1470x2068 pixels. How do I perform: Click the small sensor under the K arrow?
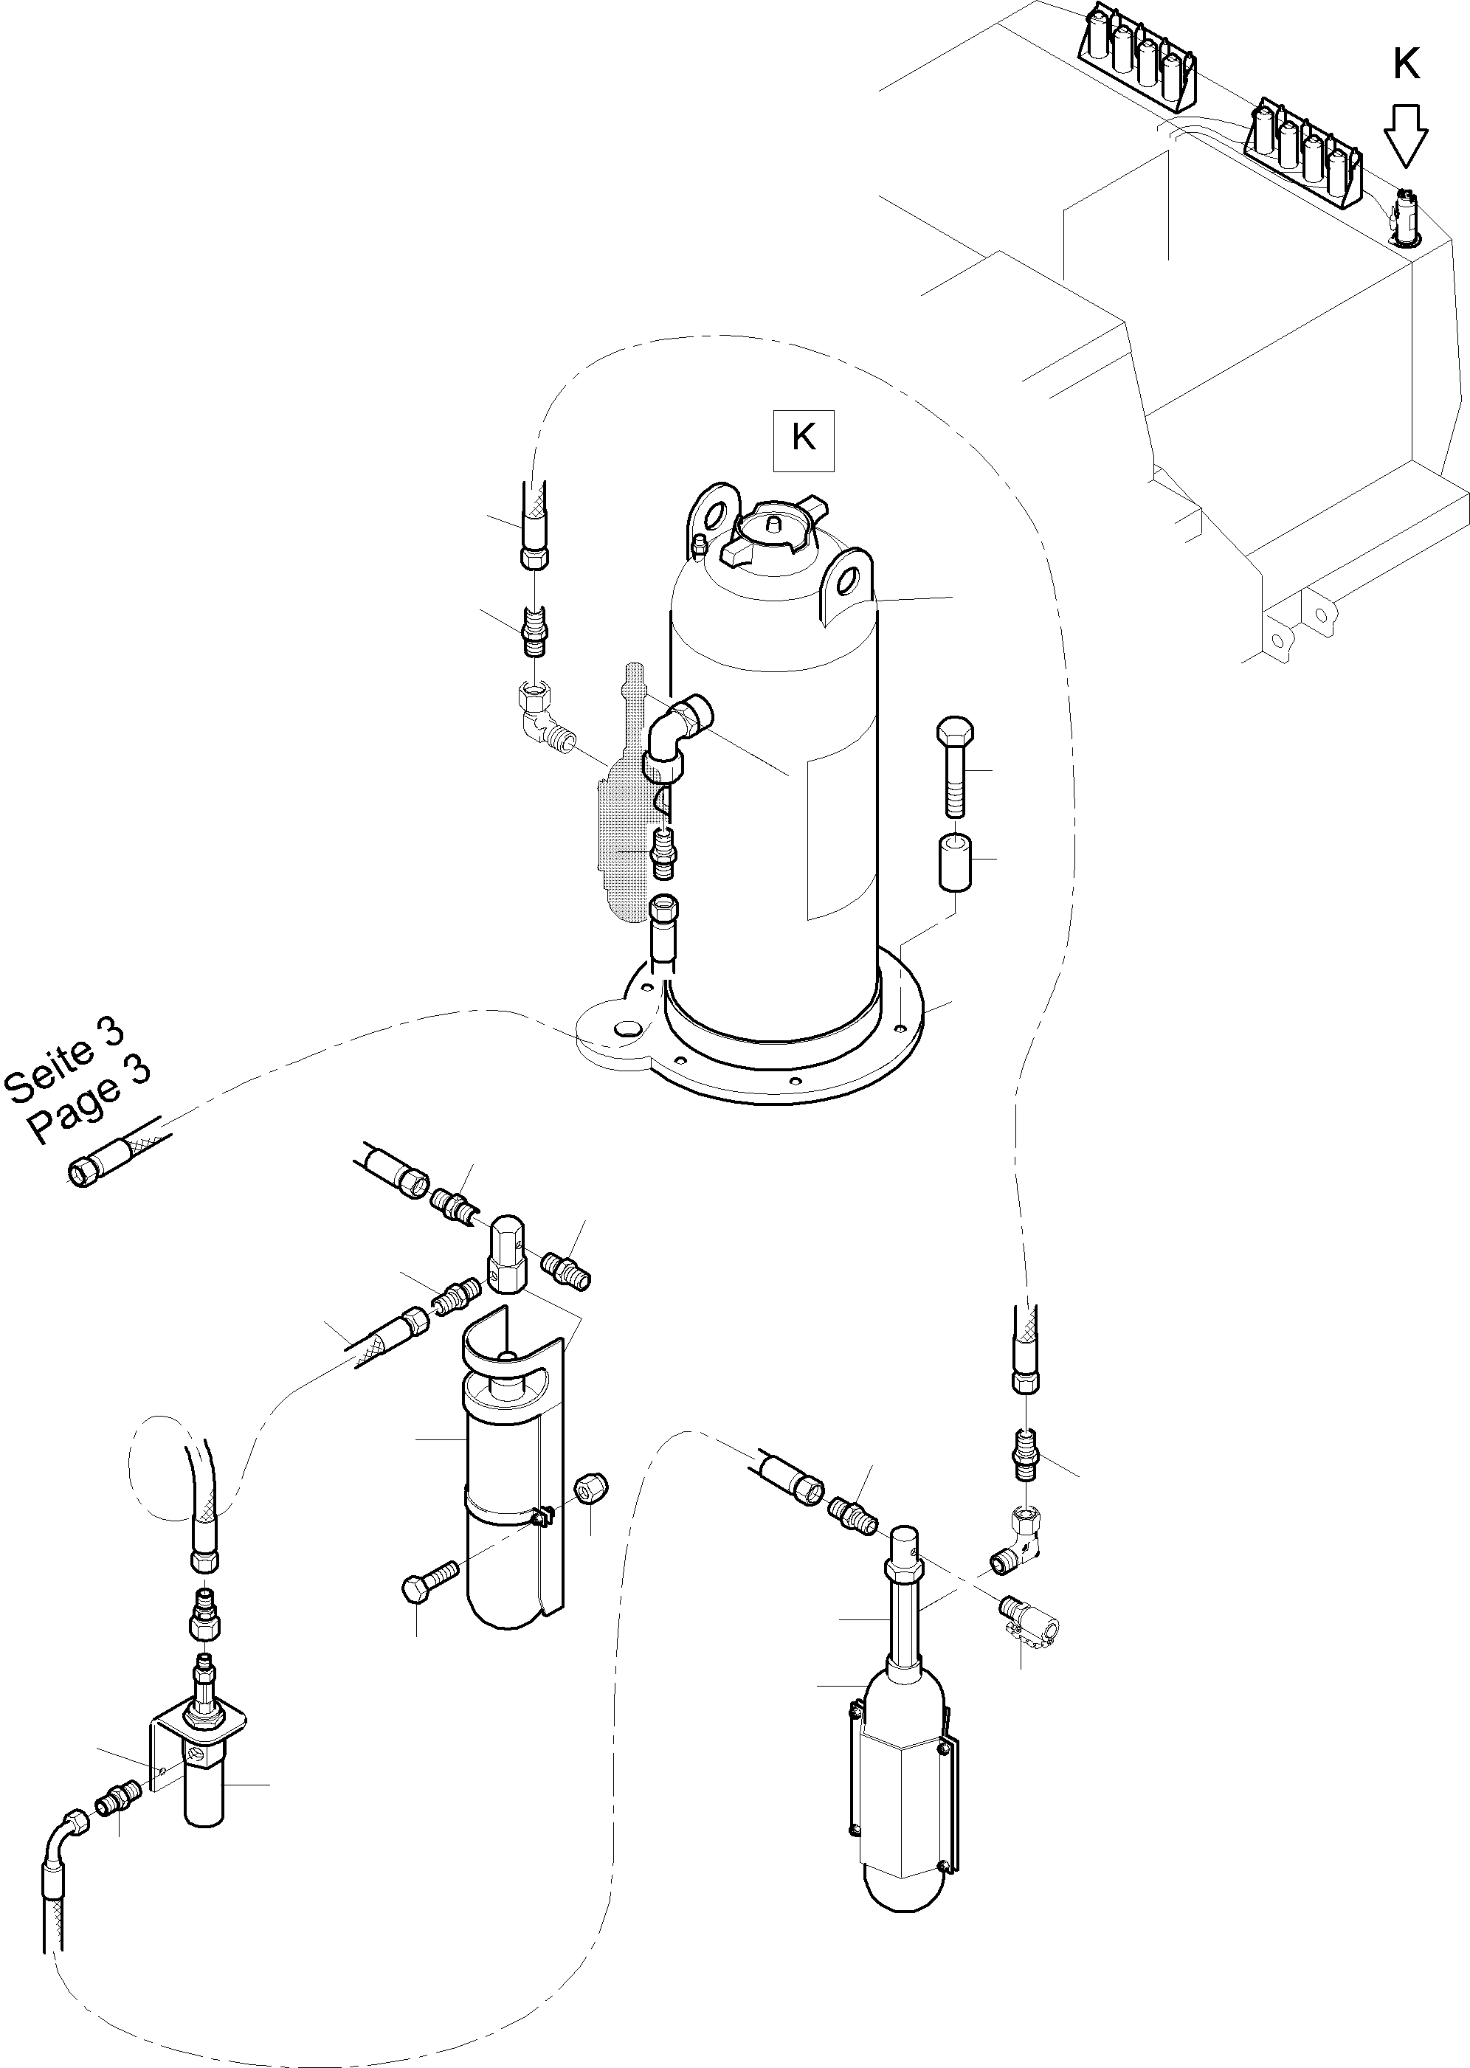(x=1404, y=217)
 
